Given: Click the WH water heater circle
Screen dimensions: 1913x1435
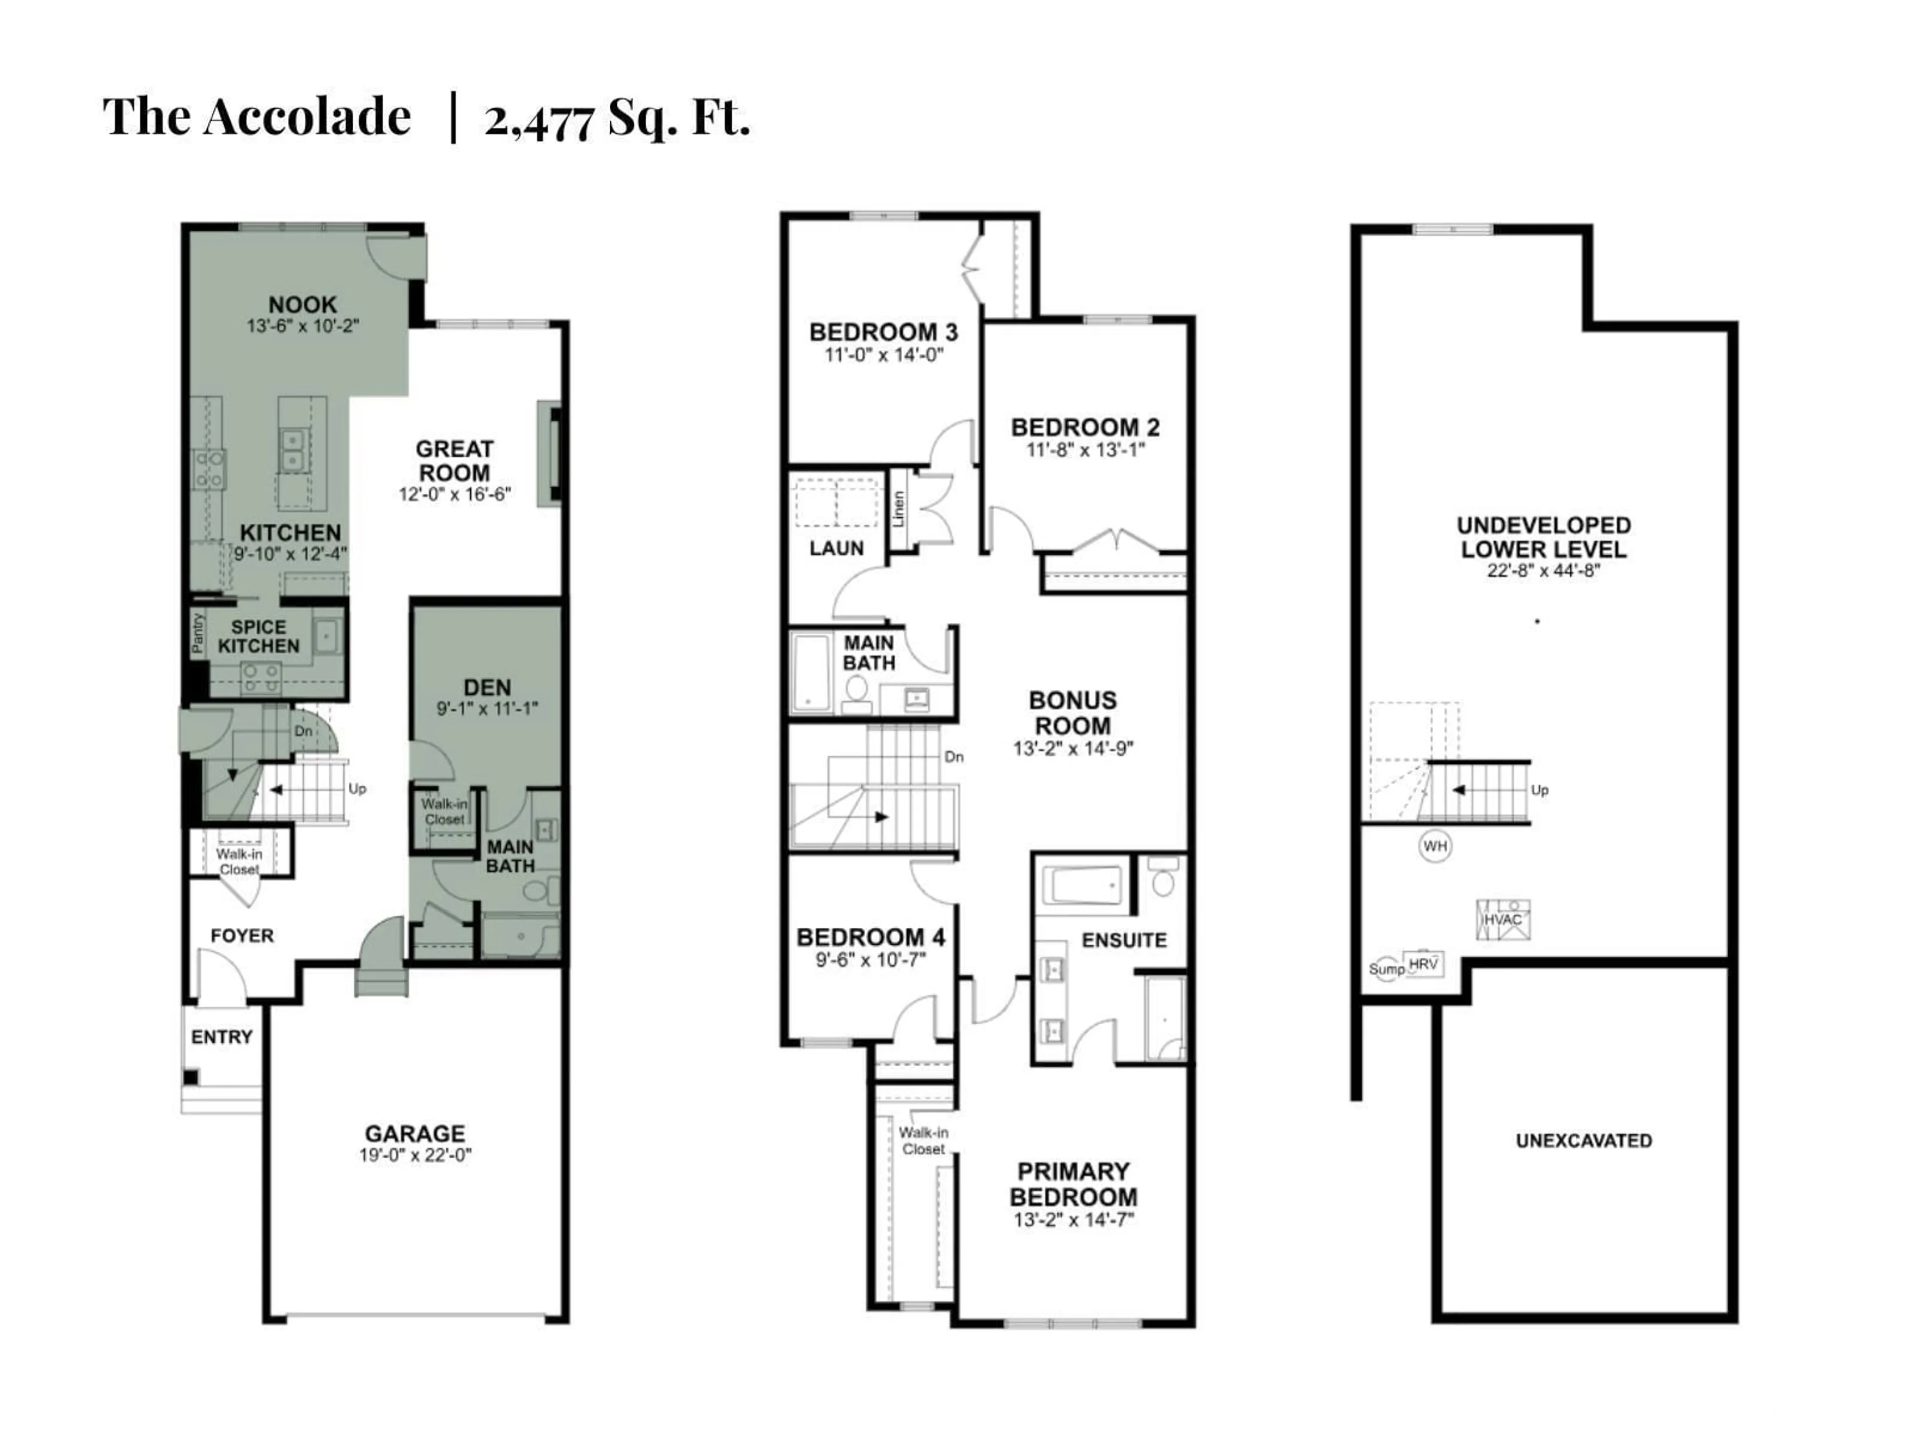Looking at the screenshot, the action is coord(1435,846).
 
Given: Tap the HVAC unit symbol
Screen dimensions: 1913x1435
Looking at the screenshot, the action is coord(1502,919).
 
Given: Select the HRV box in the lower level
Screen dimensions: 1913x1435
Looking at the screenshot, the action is coord(1423,964).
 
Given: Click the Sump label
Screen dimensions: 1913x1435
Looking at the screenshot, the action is coord(1386,970).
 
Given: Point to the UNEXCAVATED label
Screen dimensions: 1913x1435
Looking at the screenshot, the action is coord(1584,1141).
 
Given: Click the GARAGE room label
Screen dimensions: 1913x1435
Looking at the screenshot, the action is coord(414,1133).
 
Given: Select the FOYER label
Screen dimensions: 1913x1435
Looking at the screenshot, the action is coord(242,935).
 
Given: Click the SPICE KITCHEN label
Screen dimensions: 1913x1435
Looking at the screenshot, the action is coord(259,637).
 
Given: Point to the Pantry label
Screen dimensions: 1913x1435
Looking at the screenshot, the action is coord(197,633).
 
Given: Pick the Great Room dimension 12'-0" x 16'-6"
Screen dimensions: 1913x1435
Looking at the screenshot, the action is coord(455,494).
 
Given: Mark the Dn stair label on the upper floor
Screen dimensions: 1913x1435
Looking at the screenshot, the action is coord(954,757).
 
